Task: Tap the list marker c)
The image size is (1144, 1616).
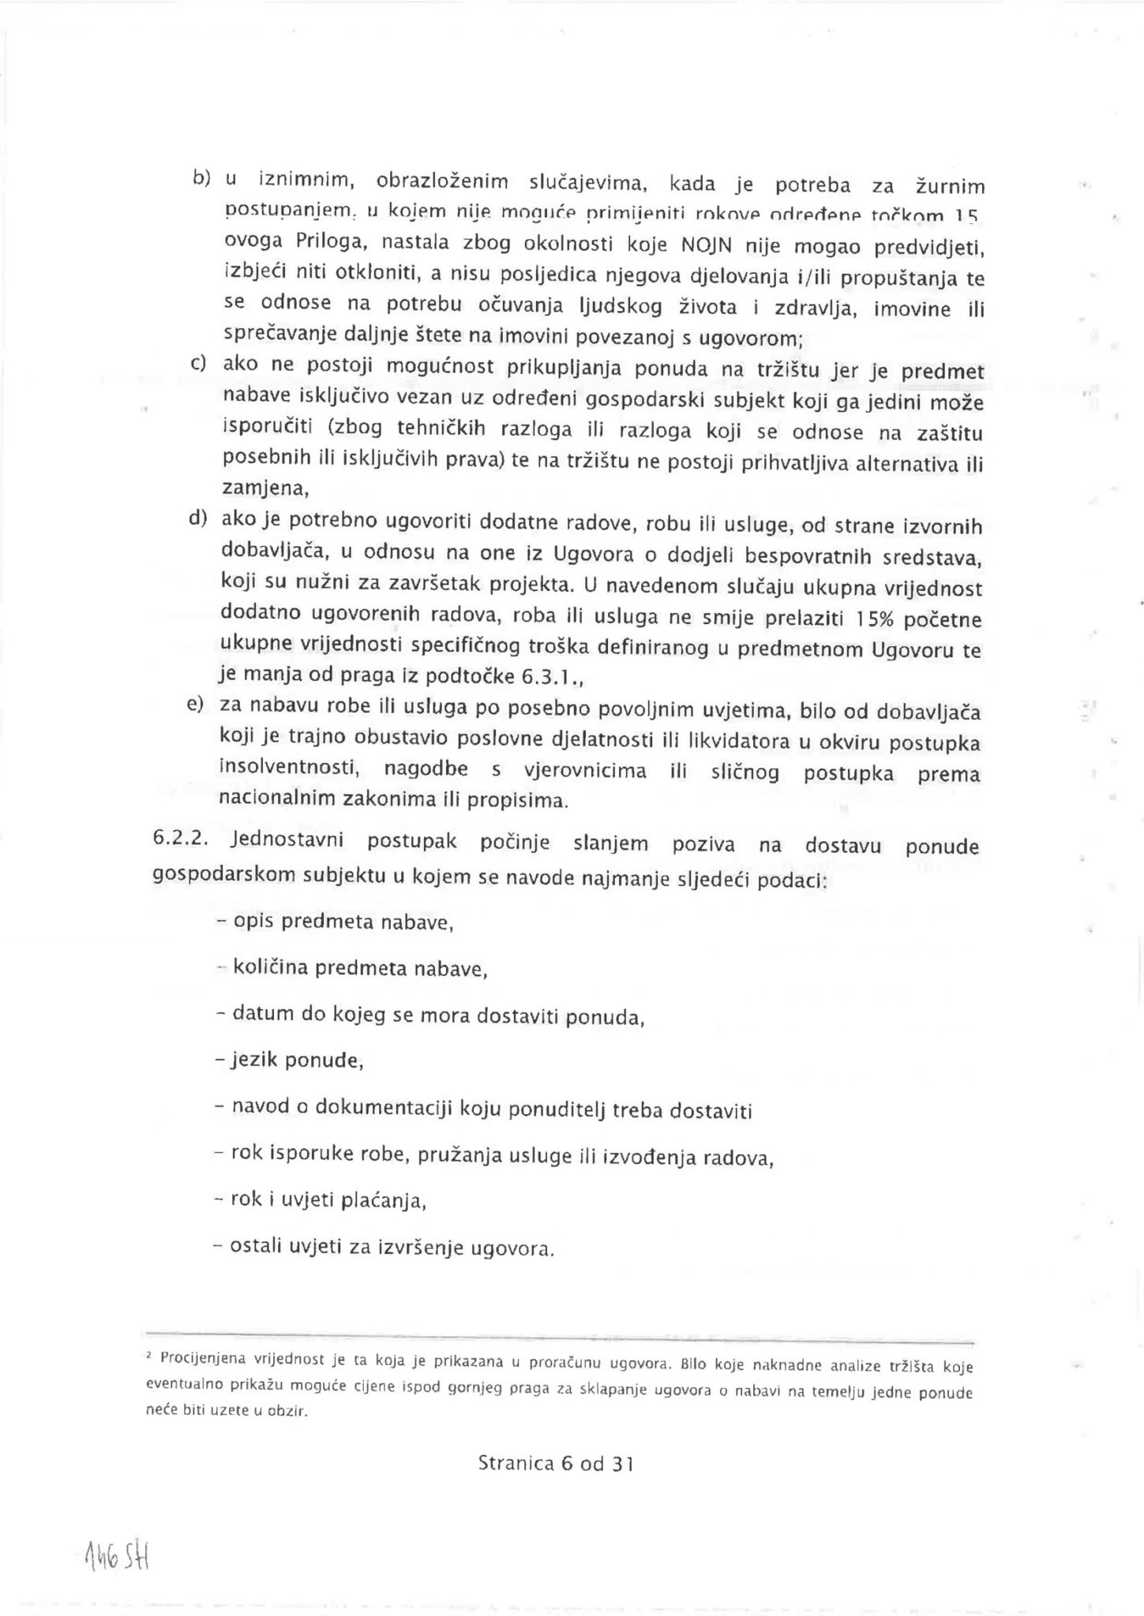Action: [198, 364]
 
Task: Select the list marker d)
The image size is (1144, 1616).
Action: [197, 518]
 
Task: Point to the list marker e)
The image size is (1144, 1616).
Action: [196, 703]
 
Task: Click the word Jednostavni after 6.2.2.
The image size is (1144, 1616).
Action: [287, 840]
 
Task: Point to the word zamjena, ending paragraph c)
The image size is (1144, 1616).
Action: [265, 489]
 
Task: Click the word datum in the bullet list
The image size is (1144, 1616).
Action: [261, 1014]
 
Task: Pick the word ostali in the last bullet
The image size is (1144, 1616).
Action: [253, 1248]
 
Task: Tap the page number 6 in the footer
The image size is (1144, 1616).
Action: [565, 1464]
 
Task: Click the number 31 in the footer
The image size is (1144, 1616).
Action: [623, 1464]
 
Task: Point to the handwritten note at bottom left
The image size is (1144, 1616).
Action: [117, 1558]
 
